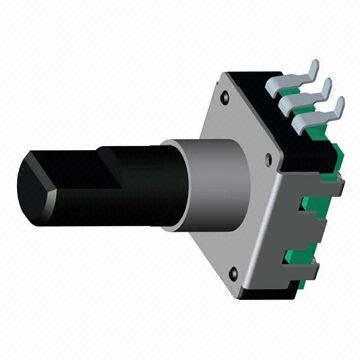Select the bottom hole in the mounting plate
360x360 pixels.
[233, 271]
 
